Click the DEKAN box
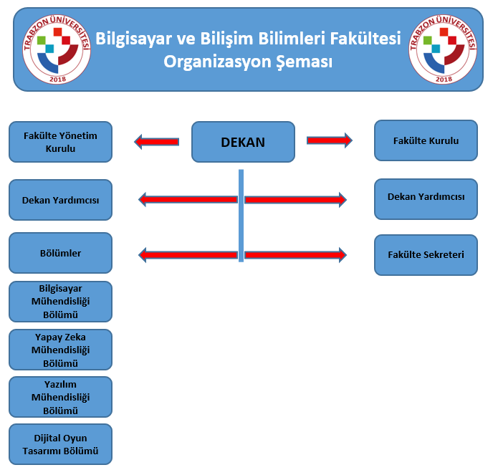(x=243, y=142)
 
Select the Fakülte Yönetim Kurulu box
(x=60, y=142)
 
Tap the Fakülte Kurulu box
(x=426, y=140)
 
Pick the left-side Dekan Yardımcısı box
(x=60, y=200)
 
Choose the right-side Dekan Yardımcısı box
(x=426, y=199)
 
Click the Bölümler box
(x=60, y=253)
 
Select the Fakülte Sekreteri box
(x=426, y=255)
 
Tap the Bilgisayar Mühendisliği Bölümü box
(x=60, y=302)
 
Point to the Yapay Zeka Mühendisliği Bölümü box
(x=60, y=350)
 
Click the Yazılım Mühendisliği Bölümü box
(x=60, y=397)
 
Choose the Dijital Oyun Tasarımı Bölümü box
(x=60, y=444)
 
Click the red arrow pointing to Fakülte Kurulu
(x=330, y=140)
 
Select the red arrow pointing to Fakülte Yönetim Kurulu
(x=157, y=142)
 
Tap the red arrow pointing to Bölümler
(x=188, y=254)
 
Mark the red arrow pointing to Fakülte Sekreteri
(x=295, y=254)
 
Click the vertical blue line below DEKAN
(x=241, y=216)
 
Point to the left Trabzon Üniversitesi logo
(x=57, y=49)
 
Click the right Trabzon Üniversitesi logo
(x=443, y=49)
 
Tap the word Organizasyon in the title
(x=216, y=62)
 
